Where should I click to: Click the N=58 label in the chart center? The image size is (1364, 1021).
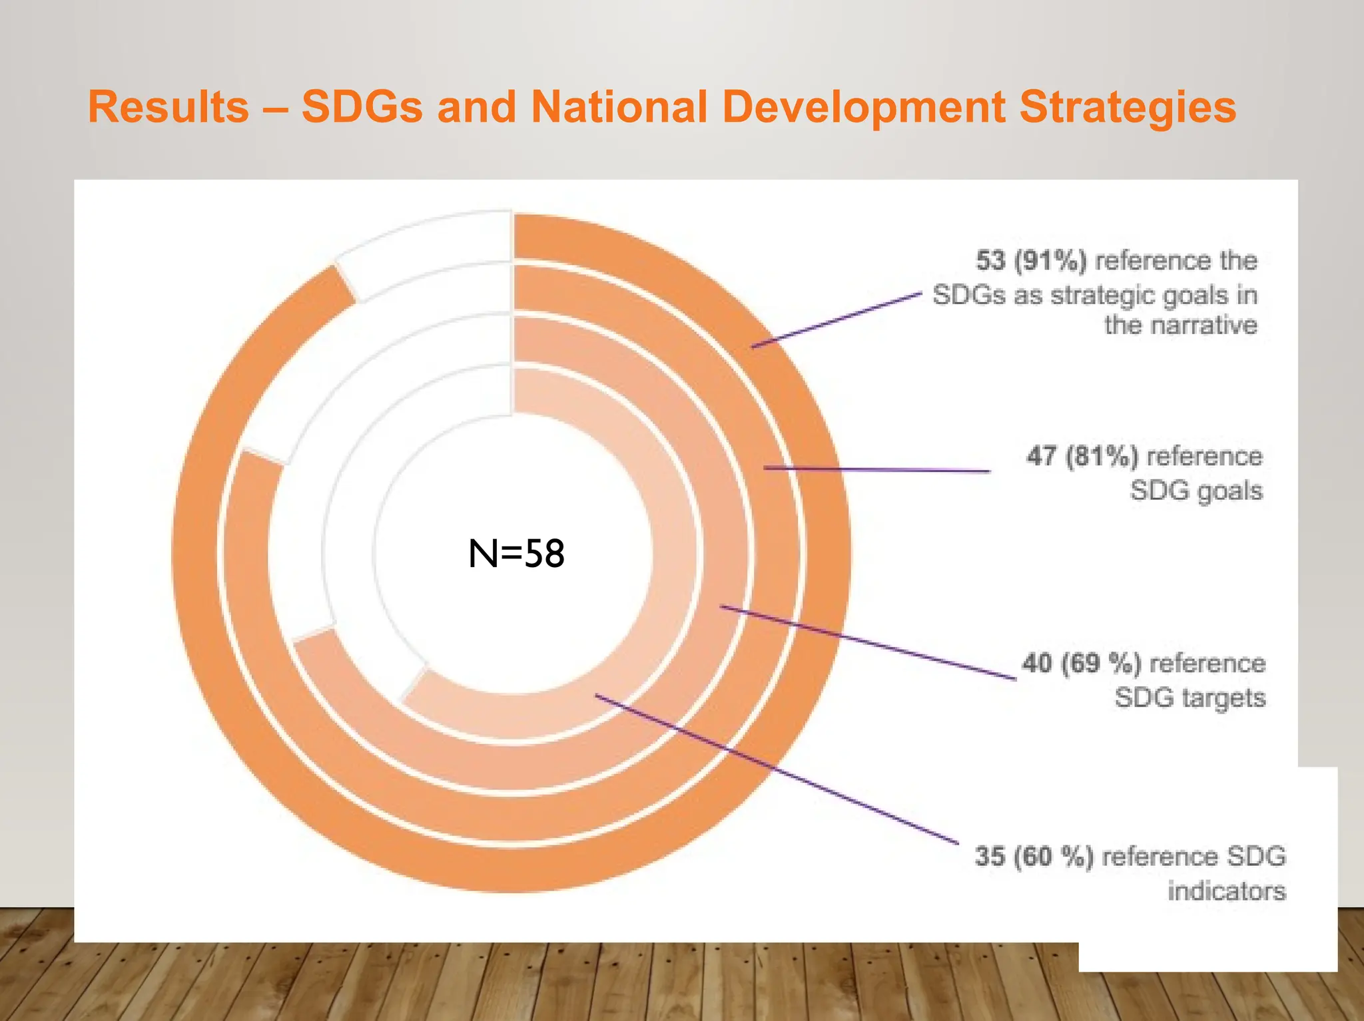[516, 554]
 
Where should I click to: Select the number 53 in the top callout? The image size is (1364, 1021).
[990, 260]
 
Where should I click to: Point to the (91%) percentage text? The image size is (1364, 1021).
[1050, 260]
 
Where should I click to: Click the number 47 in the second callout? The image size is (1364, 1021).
[1041, 457]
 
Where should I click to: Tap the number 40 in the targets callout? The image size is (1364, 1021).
[1037, 664]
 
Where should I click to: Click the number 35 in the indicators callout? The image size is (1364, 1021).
[990, 857]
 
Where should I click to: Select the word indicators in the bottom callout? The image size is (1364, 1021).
[1226, 891]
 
